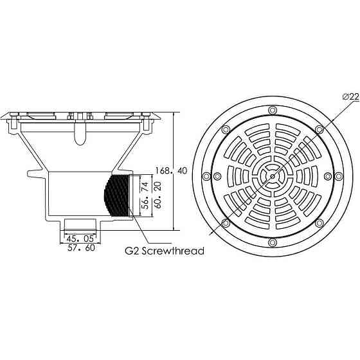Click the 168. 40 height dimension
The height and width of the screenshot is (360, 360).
coord(171,171)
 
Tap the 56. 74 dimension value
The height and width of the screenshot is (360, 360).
coord(145,195)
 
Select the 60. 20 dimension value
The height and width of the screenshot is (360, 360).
coord(158,195)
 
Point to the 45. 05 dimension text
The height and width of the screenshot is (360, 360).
coord(80,239)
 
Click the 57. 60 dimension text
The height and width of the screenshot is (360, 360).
coord(81,248)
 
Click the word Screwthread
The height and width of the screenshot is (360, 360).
coord(173,251)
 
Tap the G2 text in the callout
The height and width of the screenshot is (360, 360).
coord(132,251)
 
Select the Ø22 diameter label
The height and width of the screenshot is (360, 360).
coord(351,96)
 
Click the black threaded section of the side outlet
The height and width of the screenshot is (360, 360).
coord(116,195)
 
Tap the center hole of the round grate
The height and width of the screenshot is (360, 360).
coord(273,176)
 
